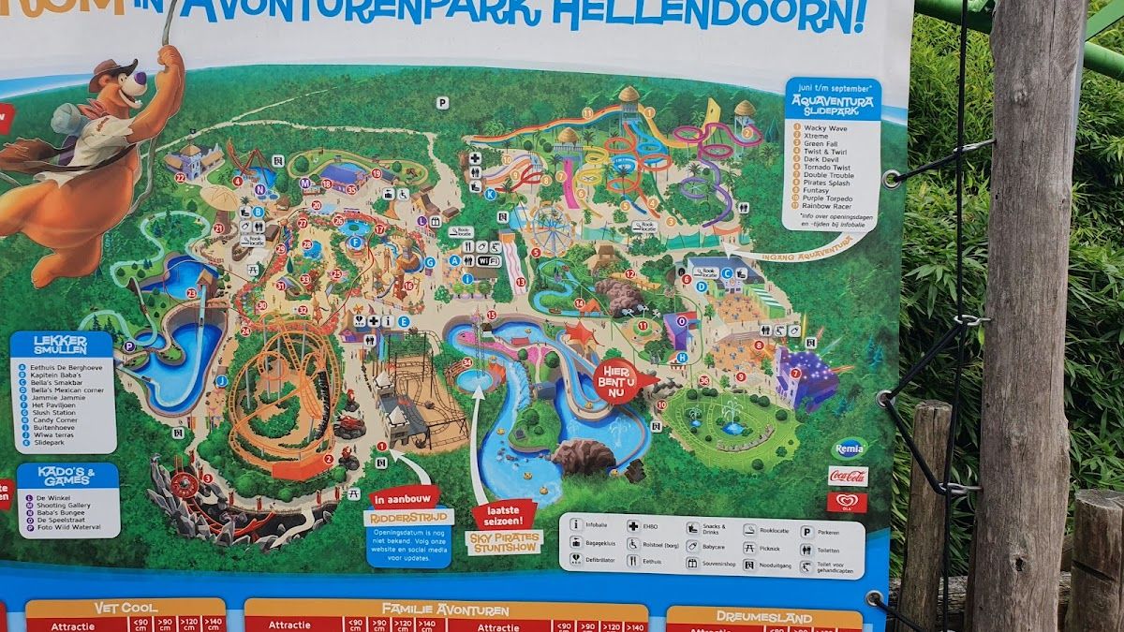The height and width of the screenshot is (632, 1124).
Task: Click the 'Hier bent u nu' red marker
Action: click(620, 377)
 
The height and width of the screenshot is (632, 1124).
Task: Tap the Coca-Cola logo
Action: click(848, 476)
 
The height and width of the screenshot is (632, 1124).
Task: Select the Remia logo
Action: click(850, 448)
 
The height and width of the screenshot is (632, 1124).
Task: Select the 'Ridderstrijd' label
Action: click(408, 517)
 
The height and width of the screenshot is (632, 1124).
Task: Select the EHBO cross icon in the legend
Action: click(632, 528)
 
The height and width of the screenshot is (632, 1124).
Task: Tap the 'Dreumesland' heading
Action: click(763, 617)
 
